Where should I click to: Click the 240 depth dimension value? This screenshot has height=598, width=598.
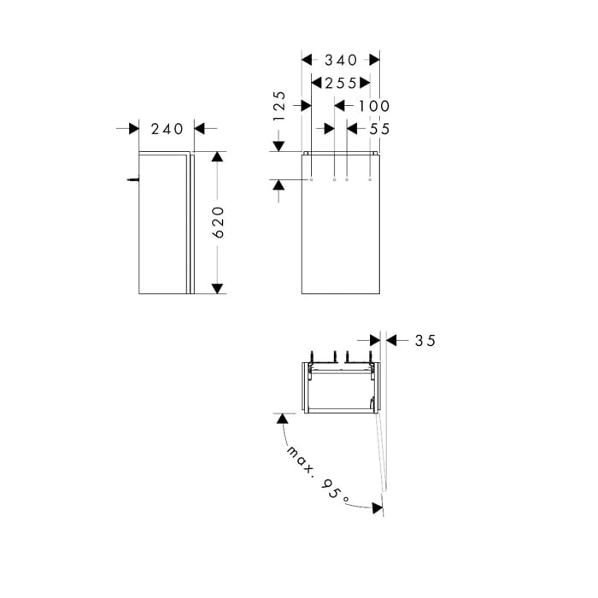point(167,129)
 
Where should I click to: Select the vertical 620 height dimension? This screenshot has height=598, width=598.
point(218,222)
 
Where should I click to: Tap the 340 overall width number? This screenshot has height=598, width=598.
point(341,60)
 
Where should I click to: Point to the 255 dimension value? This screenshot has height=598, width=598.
point(340,83)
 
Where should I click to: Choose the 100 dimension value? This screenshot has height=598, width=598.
point(373,106)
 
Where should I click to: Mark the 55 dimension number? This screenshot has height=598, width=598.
point(380,128)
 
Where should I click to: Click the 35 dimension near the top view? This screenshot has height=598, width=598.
point(425,340)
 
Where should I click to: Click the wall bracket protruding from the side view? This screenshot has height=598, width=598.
point(132,179)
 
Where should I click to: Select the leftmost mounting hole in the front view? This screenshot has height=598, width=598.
point(312,180)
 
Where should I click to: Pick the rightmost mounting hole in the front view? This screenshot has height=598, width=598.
point(369,180)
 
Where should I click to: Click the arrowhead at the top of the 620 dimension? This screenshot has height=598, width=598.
point(218,158)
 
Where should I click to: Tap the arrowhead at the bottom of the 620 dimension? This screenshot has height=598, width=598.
point(218,287)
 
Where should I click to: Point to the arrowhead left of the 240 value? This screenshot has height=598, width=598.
point(133,129)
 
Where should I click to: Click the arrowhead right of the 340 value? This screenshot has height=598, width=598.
point(373,60)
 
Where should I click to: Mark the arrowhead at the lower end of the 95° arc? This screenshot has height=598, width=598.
point(376,507)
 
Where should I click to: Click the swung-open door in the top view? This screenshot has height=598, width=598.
point(382,444)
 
